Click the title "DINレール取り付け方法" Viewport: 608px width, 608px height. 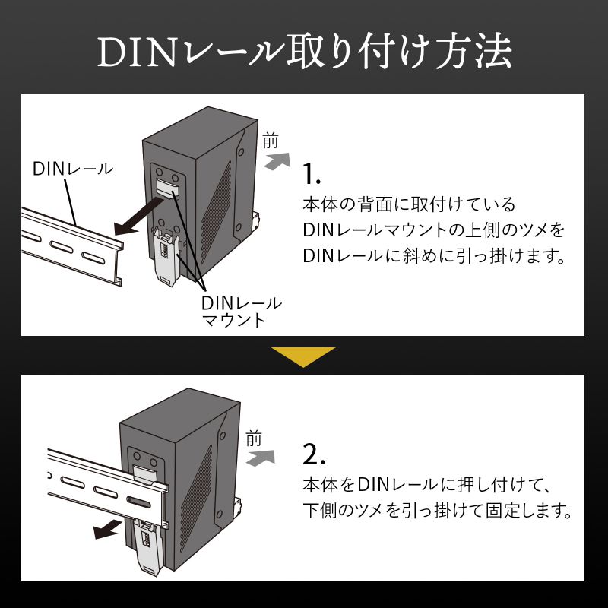click(x=304, y=52)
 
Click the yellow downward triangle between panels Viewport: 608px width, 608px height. click(x=303, y=356)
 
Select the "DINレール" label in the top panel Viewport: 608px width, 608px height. click(x=72, y=168)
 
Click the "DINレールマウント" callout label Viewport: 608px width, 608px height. click(x=241, y=311)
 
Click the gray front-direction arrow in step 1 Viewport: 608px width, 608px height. click(x=278, y=160)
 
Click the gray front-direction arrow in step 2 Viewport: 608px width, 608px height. click(x=262, y=457)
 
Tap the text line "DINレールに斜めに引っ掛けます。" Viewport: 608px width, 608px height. click(x=435, y=255)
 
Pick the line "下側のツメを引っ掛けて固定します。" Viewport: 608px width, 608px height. click(x=436, y=510)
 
